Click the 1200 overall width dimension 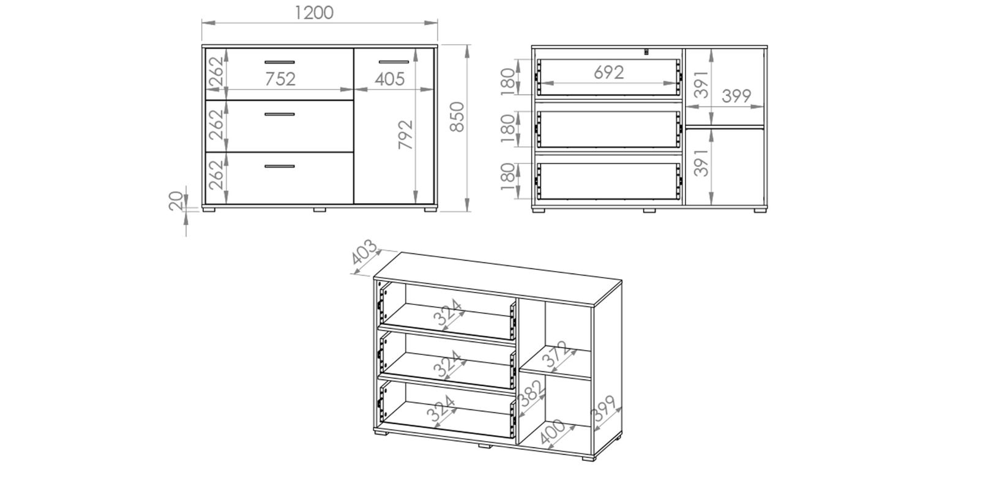[314, 12]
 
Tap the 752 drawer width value [280, 79]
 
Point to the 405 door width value [389, 79]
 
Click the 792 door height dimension [405, 135]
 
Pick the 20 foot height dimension [176, 201]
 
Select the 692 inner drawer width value [608, 72]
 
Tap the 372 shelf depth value [557, 357]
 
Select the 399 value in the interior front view [736, 96]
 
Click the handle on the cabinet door [393, 62]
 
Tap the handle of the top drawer [280, 62]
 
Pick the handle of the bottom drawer [280, 166]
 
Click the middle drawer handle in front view [280, 114]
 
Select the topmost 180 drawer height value [507, 83]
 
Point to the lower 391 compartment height [701, 162]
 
